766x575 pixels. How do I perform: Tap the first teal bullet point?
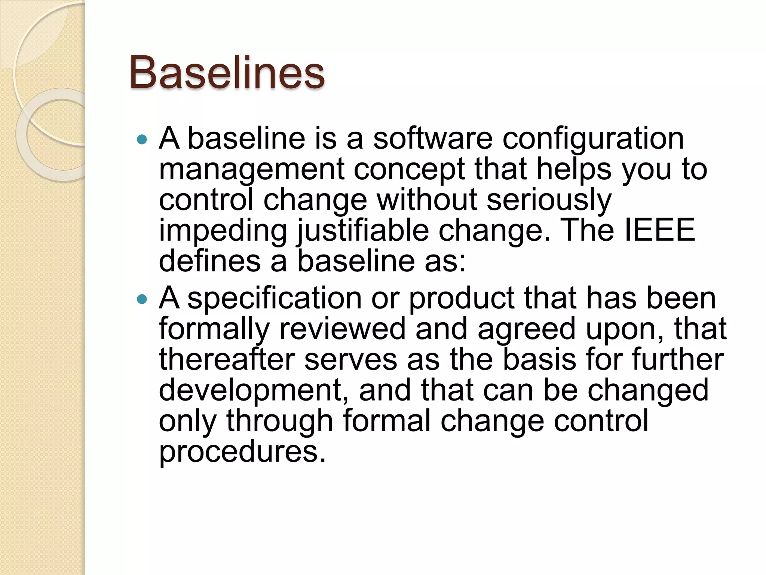[x=142, y=140]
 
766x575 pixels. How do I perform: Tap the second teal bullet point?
[x=142, y=299]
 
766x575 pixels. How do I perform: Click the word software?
[x=433, y=138]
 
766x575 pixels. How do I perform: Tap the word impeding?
[x=223, y=231]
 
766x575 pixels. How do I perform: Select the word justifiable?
[x=362, y=231]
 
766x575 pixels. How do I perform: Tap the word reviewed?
[x=342, y=329]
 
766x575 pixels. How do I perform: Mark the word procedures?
[x=242, y=452]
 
